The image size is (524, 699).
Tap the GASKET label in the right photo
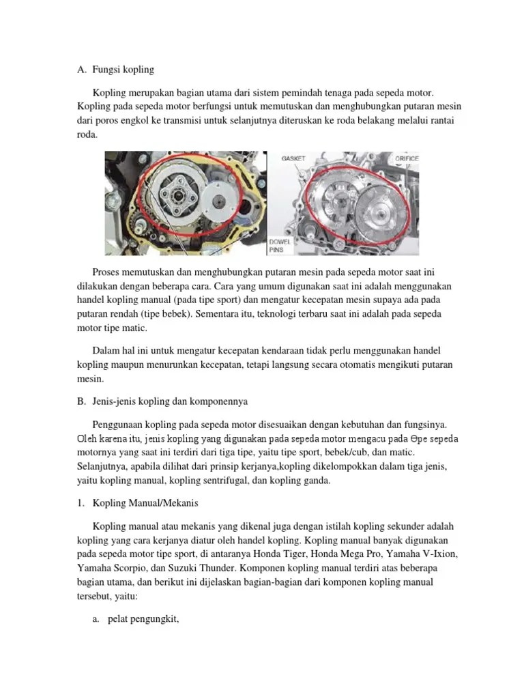point(293,158)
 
